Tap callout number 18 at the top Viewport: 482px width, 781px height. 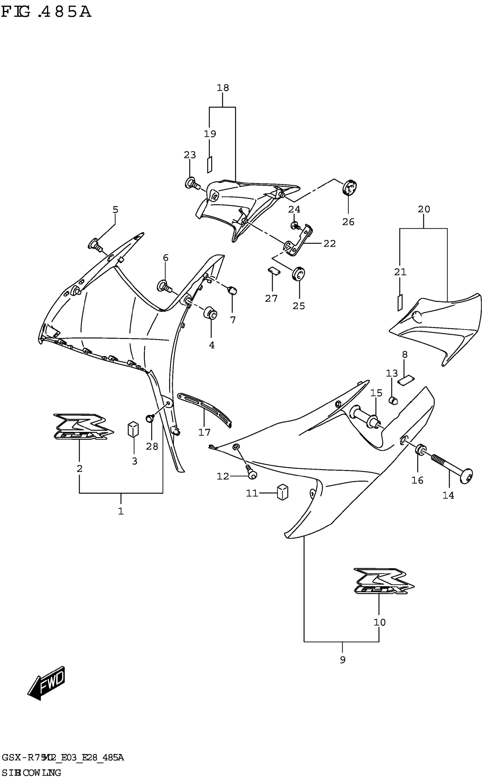[x=223, y=88]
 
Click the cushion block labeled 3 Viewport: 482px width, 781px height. [x=133, y=429]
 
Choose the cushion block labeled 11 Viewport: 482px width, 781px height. [x=283, y=493]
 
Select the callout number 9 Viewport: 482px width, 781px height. [x=343, y=660]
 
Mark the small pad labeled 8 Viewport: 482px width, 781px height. [x=406, y=380]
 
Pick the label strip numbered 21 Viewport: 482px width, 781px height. [x=400, y=302]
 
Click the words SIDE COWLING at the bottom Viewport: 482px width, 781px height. [x=31, y=773]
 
